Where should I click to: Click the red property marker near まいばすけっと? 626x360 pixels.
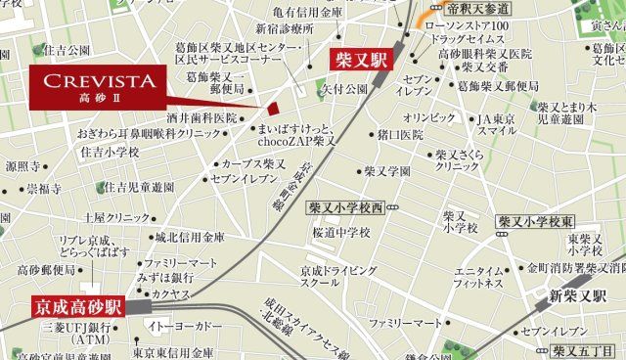coord(275,109)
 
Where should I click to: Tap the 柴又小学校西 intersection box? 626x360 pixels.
coord(347,207)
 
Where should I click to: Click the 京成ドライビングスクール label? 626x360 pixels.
coord(338,275)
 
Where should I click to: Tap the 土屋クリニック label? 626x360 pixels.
coord(116,217)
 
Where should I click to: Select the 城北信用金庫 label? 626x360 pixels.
coord(190,237)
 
